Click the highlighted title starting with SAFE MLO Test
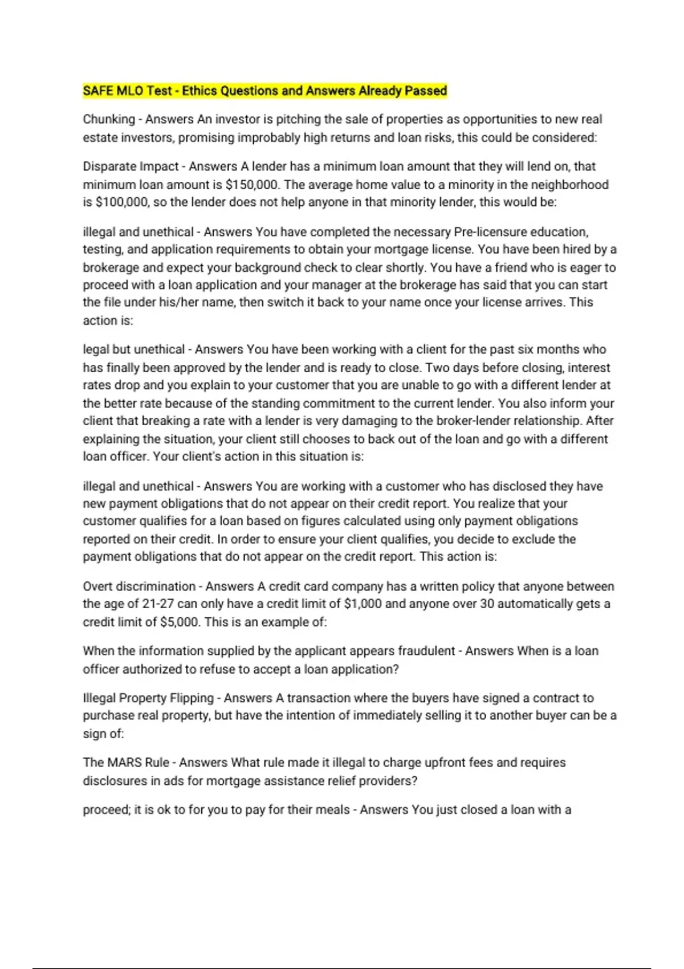(x=264, y=91)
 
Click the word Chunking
(x=109, y=120)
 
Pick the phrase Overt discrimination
(x=139, y=587)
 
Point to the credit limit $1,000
(x=363, y=604)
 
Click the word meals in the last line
(x=333, y=810)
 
